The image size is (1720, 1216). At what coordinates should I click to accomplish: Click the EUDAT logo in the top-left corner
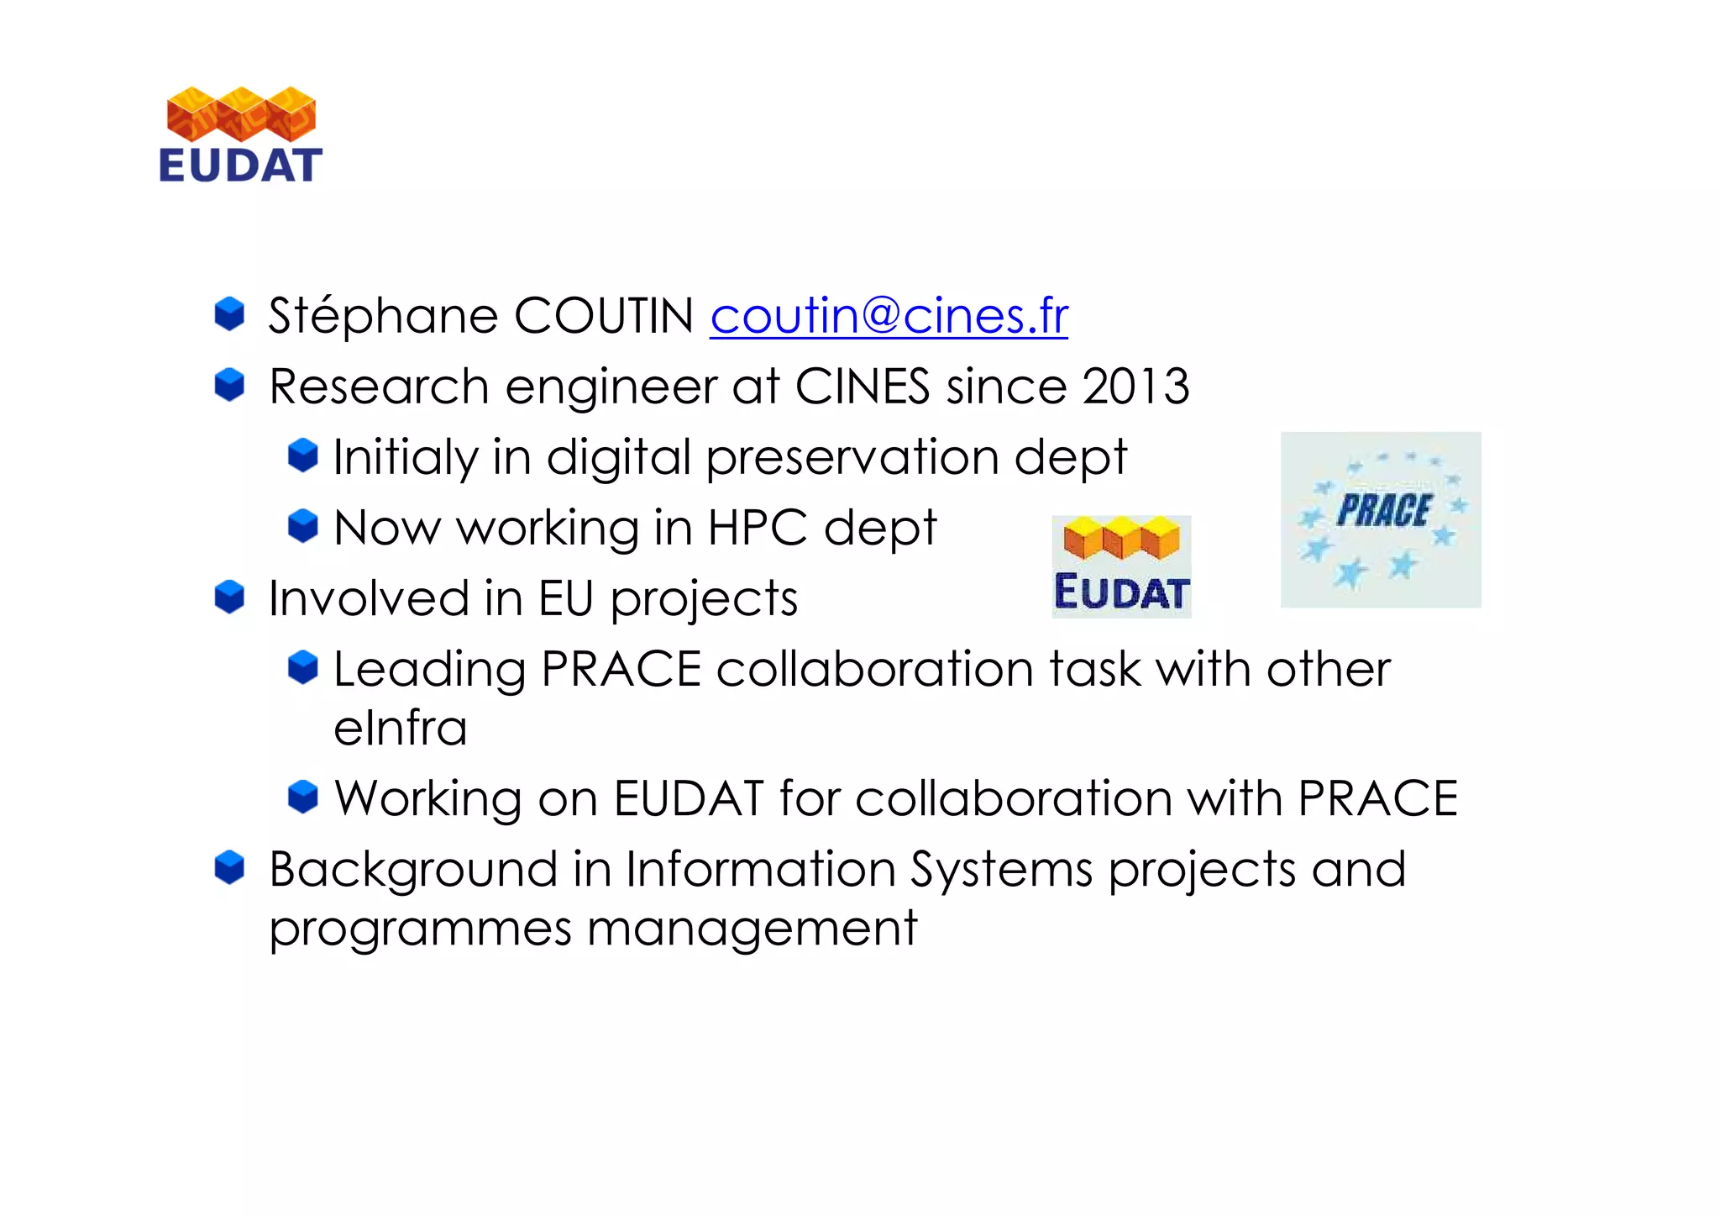click(241, 135)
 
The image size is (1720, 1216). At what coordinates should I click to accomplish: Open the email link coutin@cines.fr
click(889, 317)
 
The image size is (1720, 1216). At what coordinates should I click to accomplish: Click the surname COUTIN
click(603, 317)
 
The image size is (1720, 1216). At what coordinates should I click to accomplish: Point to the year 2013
click(1135, 387)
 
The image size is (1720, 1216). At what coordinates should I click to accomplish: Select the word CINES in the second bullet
click(862, 387)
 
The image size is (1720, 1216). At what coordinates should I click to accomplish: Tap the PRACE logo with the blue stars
click(1381, 519)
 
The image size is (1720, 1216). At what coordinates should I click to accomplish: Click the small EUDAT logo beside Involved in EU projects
click(1121, 566)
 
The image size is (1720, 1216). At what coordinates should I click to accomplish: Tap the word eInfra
click(400, 729)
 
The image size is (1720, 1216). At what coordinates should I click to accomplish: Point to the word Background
click(412, 870)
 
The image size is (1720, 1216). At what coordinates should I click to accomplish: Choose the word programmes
click(420, 930)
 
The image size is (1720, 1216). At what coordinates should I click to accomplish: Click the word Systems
click(1001, 870)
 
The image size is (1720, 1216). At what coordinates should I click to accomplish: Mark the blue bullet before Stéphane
click(229, 314)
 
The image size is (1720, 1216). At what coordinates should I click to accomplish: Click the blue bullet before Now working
click(302, 527)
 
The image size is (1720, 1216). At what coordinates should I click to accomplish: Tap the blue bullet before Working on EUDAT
click(302, 797)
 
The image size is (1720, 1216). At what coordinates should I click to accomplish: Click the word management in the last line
click(752, 930)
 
